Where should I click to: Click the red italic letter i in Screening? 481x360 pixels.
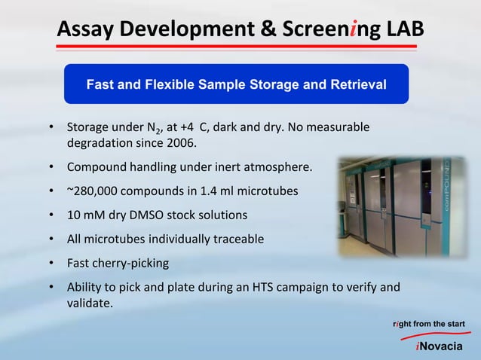tap(349, 29)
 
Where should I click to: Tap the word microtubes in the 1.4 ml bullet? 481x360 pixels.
tap(267, 191)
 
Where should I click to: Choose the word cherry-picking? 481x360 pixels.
tap(131, 264)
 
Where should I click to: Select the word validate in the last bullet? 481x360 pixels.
tap(89, 304)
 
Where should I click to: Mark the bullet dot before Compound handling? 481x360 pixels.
tap(51, 166)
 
